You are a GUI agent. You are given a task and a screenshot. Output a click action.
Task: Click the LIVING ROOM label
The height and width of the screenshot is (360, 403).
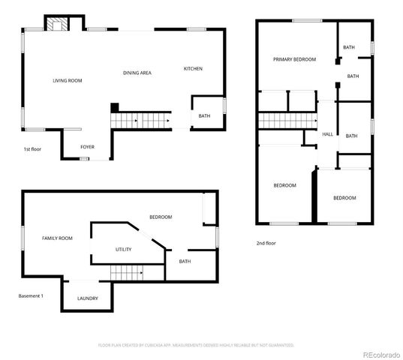click(67, 80)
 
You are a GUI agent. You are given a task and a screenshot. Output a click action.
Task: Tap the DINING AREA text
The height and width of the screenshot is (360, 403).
click(137, 73)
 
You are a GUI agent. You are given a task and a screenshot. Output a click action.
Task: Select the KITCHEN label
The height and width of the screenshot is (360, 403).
click(193, 69)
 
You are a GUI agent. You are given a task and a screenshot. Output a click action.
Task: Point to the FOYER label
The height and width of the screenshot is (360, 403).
click(87, 147)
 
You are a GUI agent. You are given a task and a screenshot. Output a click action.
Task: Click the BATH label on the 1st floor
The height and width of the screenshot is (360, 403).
click(204, 116)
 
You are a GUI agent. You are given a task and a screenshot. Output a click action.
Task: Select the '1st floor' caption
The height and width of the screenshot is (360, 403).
click(31, 149)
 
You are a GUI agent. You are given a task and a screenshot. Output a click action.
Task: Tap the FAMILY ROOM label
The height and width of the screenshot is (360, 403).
click(57, 238)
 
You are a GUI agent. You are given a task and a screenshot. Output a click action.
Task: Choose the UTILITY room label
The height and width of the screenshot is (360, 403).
click(124, 249)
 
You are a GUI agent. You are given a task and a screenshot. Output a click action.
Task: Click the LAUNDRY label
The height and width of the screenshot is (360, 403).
click(87, 298)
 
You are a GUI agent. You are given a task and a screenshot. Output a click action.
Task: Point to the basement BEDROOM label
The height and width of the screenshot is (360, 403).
click(160, 217)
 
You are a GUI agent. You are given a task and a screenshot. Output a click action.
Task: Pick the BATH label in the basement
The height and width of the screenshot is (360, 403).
click(185, 262)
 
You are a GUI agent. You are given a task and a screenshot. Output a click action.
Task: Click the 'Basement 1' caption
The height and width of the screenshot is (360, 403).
click(31, 295)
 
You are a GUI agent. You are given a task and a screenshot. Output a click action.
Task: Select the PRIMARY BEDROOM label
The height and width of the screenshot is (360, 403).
click(294, 59)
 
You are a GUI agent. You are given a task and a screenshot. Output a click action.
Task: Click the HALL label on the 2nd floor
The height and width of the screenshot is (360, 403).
click(327, 134)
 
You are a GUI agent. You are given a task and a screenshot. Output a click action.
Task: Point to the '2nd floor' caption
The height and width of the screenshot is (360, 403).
click(266, 243)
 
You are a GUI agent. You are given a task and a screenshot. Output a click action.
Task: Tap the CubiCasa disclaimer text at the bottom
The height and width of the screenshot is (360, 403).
click(197, 345)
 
